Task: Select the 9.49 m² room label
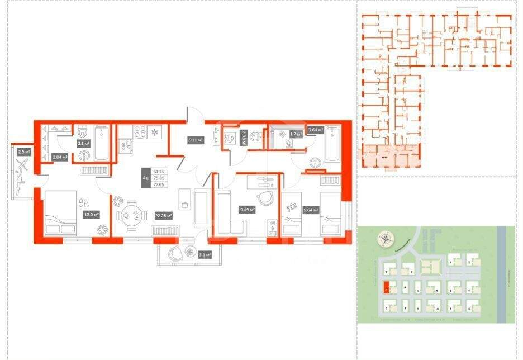[247, 210]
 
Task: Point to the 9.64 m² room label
[310, 210]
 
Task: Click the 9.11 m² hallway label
[195, 141]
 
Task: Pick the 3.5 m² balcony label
[205, 255]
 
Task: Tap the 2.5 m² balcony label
[23, 151]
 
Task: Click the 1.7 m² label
[296, 134]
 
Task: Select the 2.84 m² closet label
[60, 158]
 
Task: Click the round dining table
[129, 214]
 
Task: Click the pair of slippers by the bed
[85, 202]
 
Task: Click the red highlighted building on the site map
[386, 288]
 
